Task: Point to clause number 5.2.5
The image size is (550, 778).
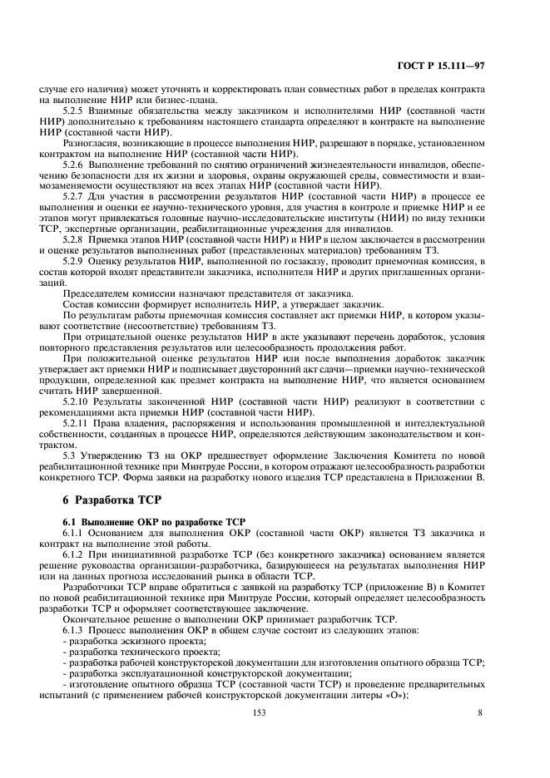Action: [x=77, y=110]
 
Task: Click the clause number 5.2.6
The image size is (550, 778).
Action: [x=77, y=165]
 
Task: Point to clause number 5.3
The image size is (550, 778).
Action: [x=71, y=455]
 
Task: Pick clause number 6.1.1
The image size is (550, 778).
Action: [x=77, y=530]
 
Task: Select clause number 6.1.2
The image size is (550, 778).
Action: [x=77, y=553]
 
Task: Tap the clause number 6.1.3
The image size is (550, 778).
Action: [x=77, y=628]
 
